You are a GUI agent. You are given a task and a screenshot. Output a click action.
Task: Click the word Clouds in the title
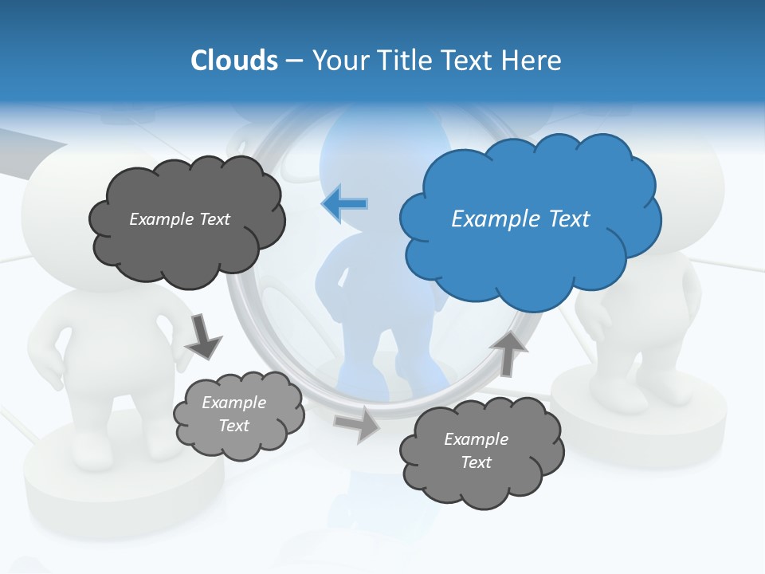(x=234, y=61)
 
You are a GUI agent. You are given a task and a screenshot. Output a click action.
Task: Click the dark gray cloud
(x=187, y=247)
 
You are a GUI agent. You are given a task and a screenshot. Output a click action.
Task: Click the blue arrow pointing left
(x=345, y=204)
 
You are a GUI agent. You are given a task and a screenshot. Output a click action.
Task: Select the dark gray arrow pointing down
(x=203, y=336)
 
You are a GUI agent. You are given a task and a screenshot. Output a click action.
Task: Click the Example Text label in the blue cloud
(x=520, y=219)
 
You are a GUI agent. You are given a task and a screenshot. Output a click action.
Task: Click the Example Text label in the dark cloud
(x=179, y=219)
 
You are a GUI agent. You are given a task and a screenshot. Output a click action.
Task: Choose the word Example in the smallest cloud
(x=233, y=403)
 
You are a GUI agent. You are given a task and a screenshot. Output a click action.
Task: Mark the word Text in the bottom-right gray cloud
(x=476, y=462)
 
